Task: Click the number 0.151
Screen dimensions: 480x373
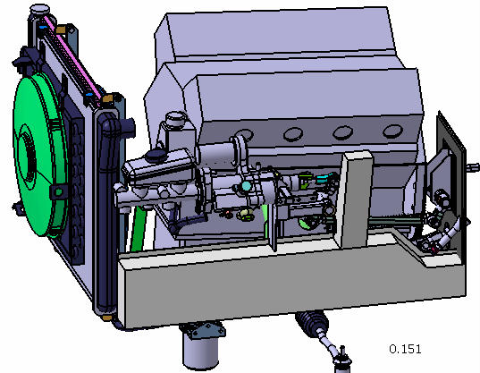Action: [405, 349]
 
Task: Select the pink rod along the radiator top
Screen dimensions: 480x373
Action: [72, 61]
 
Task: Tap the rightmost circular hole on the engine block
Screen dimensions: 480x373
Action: [392, 131]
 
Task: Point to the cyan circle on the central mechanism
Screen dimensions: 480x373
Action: [246, 186]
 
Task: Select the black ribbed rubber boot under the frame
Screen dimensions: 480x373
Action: [312, 321]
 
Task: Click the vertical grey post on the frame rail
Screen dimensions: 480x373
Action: [355, 199]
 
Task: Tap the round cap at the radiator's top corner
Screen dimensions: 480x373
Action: [40, 10]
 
